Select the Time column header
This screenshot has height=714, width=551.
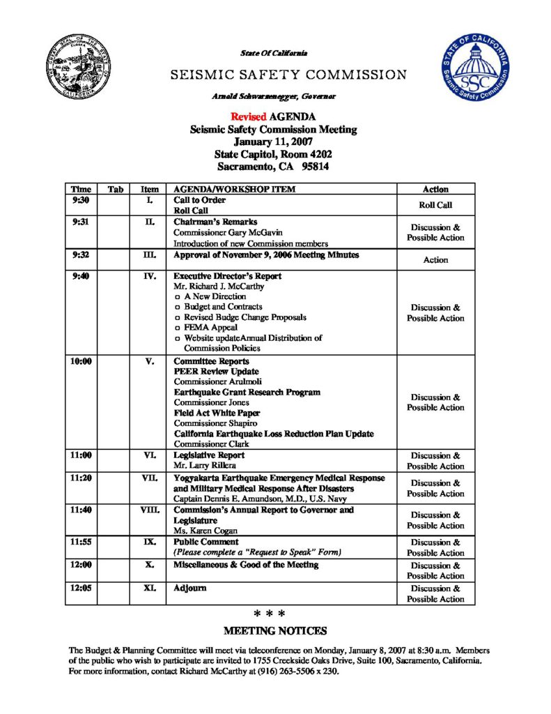(81, 189)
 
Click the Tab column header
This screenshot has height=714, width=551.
(115, 189)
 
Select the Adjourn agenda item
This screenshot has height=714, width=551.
(190, 588)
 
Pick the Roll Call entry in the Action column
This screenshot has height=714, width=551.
(435, 205)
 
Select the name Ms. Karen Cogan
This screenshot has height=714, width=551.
(201, 531)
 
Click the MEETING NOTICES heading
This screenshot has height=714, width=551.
(274, 631)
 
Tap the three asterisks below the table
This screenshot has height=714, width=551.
(270, 614)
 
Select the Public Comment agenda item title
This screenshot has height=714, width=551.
(206, 542)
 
